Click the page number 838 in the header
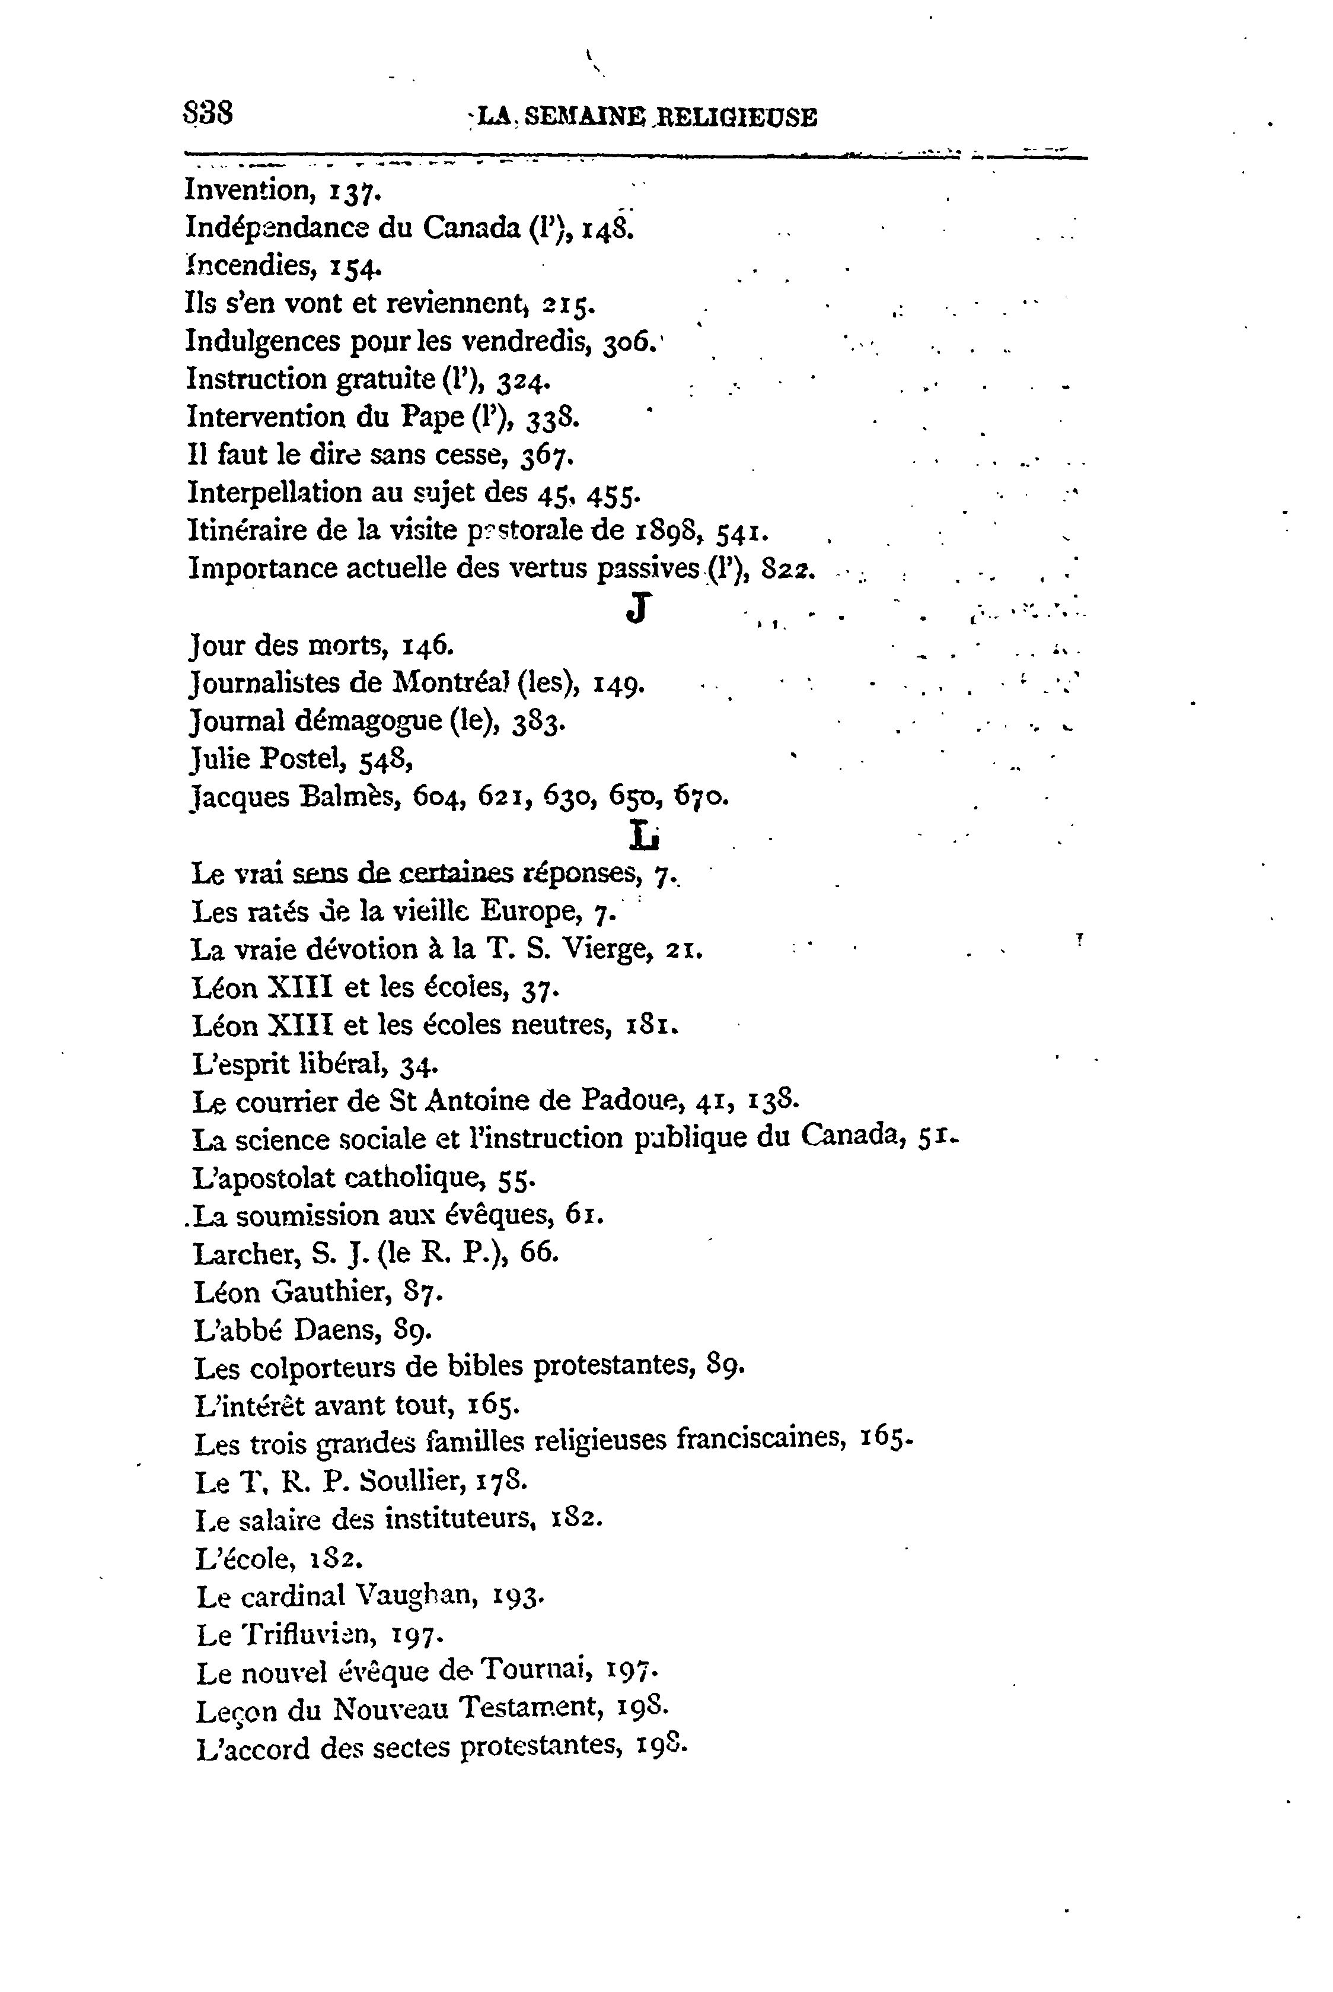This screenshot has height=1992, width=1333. pyautogui.click(x=208, y=113)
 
